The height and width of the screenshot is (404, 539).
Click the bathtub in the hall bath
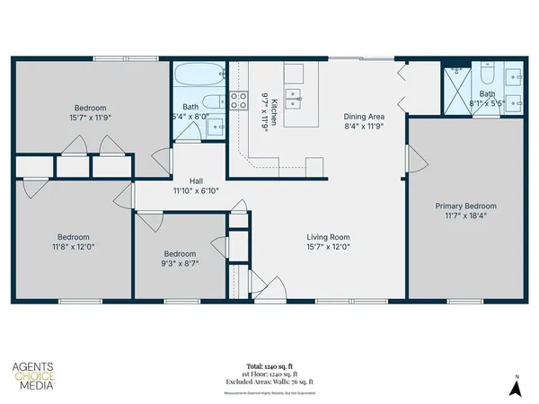(199, 75)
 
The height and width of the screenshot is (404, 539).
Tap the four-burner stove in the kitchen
(239, 101)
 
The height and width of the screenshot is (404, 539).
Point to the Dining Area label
(365, 116)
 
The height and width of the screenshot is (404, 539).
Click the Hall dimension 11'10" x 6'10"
(196, 190)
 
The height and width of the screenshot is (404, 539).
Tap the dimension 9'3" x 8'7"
(180, 264)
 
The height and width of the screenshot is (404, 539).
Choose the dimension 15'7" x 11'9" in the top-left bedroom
(90, 116)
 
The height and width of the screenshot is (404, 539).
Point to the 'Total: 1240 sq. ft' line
(269, 367)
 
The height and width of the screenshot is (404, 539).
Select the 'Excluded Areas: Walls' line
(269, 382)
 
